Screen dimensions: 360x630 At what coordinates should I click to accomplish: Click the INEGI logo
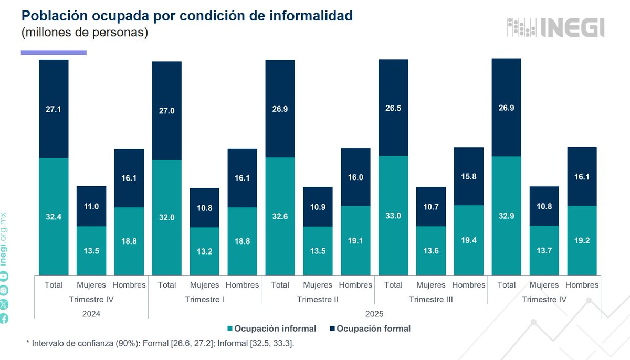555,27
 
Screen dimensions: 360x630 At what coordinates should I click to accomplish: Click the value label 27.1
54,110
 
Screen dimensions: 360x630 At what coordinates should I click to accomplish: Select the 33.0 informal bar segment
393,215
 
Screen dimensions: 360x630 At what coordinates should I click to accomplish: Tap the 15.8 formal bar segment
468,176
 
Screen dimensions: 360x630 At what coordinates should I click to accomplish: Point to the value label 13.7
544,251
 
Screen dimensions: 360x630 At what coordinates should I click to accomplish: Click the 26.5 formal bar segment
393,108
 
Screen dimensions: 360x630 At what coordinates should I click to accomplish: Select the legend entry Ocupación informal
271,329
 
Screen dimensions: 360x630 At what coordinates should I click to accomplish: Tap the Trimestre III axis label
430,300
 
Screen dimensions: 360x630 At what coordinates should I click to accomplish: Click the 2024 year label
91,314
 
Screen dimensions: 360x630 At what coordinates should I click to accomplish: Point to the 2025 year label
374,314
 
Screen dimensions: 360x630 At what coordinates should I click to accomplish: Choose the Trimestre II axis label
318,300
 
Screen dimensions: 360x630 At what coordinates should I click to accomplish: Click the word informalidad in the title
311,16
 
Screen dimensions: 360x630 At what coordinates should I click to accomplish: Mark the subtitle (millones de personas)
85,33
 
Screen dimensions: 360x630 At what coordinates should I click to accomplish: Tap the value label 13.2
204,251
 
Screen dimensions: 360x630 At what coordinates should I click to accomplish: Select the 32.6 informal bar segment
280,216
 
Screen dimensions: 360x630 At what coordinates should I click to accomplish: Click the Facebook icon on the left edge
4,317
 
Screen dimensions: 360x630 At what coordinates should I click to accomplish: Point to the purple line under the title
54,52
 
